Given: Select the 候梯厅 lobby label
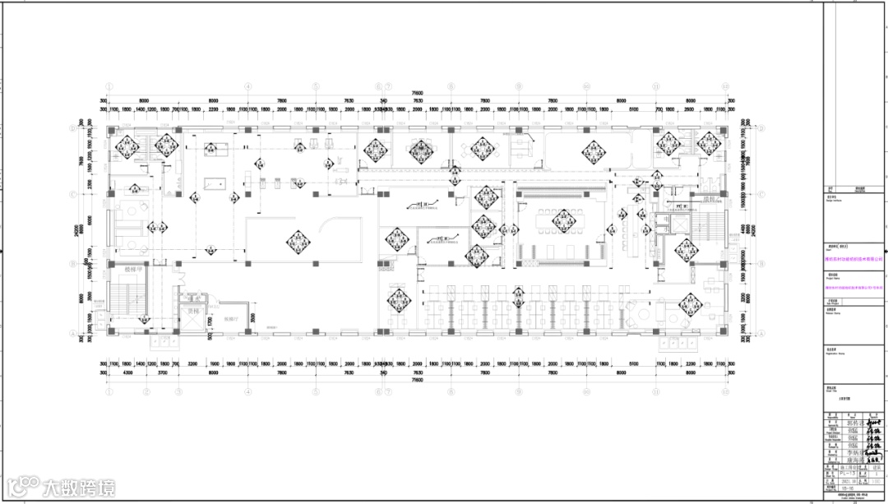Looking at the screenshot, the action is coord(230,317).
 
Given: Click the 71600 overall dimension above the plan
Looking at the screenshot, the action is coord(417,93).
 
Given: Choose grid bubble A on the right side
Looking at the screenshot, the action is coord(762,333).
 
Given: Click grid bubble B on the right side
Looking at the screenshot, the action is coord(762,265).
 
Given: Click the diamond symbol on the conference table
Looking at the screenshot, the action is coord(563,220).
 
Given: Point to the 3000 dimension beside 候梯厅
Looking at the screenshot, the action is coord(253,317).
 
